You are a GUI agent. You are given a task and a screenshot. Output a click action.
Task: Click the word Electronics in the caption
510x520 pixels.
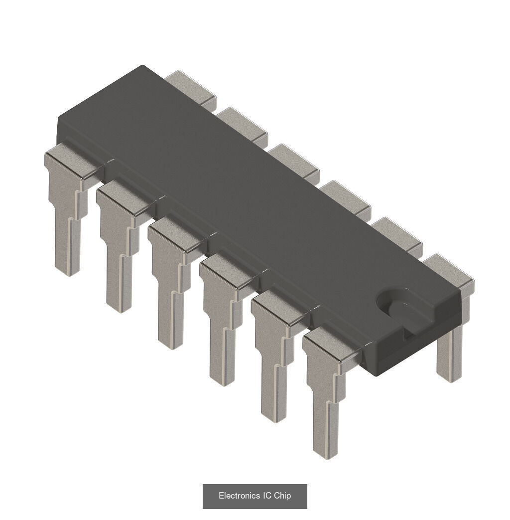[x=239, y=496]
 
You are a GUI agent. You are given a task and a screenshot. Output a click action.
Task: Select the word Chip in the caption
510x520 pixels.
[x=282, y=496]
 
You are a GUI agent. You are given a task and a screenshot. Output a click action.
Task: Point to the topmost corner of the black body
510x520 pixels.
[x=143, y=66]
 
